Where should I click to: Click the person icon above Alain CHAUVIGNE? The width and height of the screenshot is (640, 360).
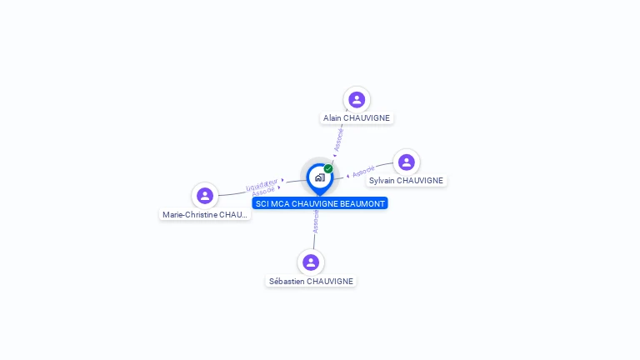pos(357,100)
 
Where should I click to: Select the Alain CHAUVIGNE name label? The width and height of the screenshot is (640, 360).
pos(357,118)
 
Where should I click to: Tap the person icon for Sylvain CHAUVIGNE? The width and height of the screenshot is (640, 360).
pos(406,162)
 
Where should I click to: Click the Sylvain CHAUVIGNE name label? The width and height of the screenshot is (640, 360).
pos(407,181)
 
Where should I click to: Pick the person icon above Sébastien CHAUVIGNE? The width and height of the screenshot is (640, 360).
pos(311,262)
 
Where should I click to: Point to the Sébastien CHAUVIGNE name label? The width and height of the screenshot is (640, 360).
pos(311,282)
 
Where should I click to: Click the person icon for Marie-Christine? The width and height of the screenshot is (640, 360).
pos(205,196)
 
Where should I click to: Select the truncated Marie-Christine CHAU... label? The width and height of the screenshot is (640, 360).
pos(205,215)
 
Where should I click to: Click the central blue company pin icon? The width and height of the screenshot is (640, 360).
pos(319,177)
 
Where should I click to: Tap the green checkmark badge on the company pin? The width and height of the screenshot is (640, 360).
pos(328,168)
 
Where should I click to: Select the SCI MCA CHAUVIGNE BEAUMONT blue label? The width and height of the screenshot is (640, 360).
pos(320,203)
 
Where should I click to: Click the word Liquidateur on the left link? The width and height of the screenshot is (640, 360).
pos(262,183)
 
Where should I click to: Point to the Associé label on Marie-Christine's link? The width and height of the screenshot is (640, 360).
pos(263,192)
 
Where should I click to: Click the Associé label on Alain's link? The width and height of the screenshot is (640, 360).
pos(338,138)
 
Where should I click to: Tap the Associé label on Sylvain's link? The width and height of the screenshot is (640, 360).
pos(363,172)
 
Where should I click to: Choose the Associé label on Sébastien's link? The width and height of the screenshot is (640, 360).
pos(316,221)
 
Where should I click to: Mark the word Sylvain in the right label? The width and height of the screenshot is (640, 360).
pos(382,181)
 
